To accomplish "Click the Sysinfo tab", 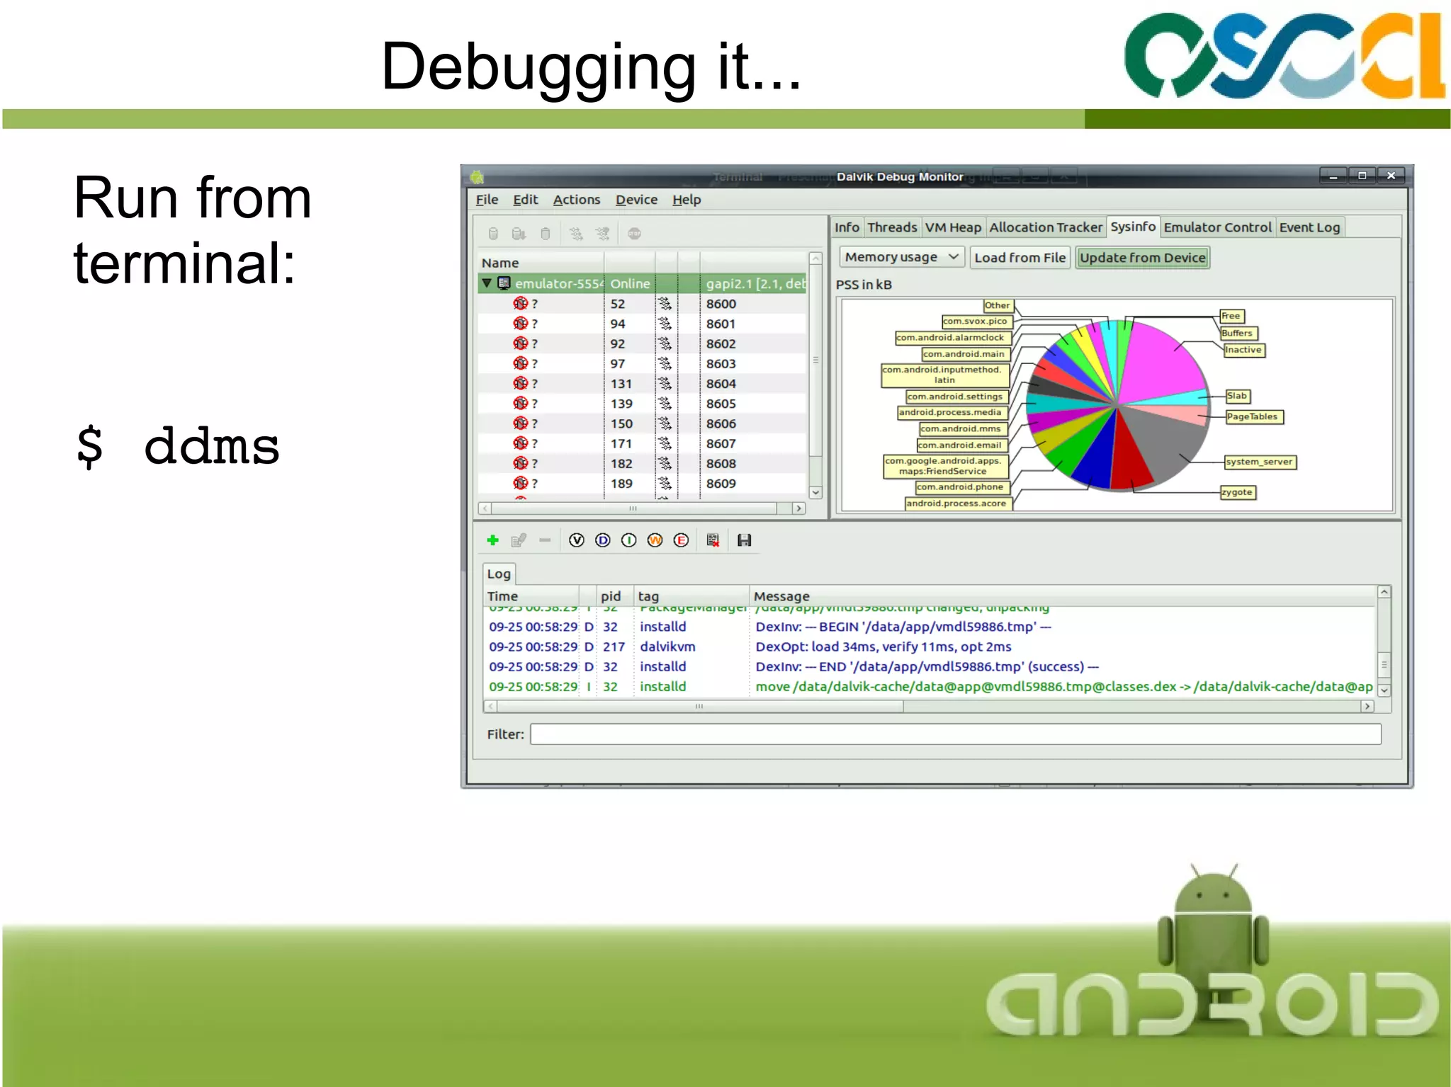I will pos(1132,227).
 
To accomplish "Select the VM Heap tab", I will pos(953,227).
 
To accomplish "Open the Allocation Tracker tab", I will pos(1045,227).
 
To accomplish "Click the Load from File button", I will pos(1020,258).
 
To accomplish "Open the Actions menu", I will pos(576,200).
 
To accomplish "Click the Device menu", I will pos(636,200).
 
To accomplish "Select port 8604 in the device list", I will pos(721,384).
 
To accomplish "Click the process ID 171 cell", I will pos(621,444).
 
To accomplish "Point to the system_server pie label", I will pos(1259,462).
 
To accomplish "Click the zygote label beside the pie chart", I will pos(1237,492).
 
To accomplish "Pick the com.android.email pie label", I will pos(959,445).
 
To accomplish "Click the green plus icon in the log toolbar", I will pos(493,540).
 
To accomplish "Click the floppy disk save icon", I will pos(744,540).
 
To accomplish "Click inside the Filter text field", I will pos(955,734).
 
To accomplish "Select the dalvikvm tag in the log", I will pos(667,647).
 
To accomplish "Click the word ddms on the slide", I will pos(211,446).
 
